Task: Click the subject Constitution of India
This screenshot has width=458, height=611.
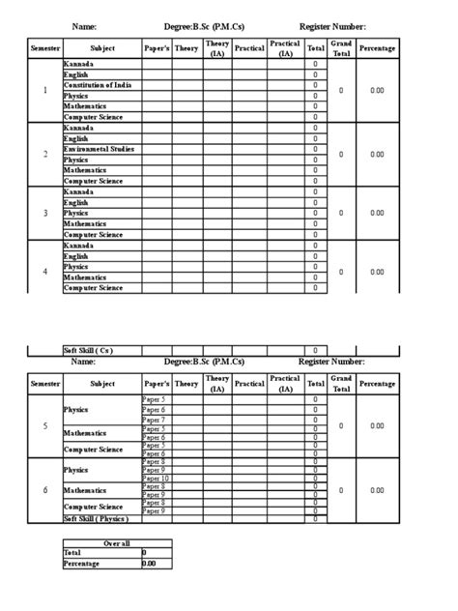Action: (x=99, y=85)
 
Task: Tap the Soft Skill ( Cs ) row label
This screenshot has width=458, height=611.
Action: (x=88, y=350)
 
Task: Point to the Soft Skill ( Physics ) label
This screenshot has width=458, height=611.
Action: (x=96, y=518)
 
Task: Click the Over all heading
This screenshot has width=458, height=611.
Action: (x=116, y=543)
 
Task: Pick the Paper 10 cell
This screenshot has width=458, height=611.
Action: (x=156, y=478)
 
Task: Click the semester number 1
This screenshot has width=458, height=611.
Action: (x=44, y=91)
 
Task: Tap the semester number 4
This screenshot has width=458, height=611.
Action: (x=44, y=272)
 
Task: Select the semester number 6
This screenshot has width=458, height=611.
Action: (x=44, y=490)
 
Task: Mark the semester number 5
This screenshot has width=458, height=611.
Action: (x=44, y=425)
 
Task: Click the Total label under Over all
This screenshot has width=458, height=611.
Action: (x=72, y=553)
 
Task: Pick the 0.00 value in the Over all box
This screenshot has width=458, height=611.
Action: (x=149, y=564)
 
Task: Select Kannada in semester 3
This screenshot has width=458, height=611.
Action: (x=78, y=192)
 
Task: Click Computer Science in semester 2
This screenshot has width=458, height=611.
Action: (x=93, y=181)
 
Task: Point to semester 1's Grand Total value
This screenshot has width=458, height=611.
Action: (x=340, y=91)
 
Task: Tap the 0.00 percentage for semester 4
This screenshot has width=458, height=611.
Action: (x=377, y=272)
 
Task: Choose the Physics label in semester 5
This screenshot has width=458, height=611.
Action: (x=76, y=410)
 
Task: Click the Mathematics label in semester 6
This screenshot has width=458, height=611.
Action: (x=84, y=490)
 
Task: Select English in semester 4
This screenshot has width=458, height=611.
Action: (x=76, y=256)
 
